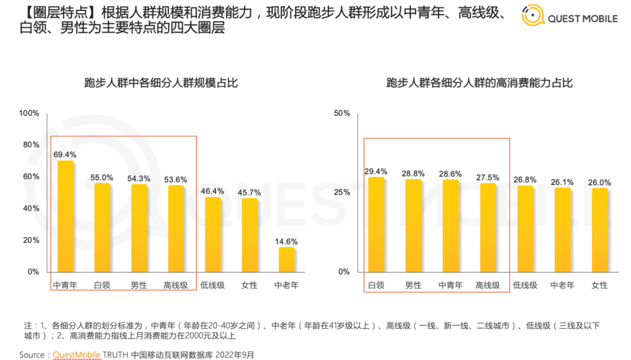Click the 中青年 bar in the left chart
tap(66, 216)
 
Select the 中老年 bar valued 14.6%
tap(286, 259)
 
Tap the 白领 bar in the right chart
tap(376, 224)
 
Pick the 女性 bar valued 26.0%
tap(600, 230)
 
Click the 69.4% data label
tap(65, 155)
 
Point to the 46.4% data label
tap(212, 191)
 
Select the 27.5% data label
tap(487, 177)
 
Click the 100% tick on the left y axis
tap(29, 113)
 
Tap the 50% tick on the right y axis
tap(342, 113)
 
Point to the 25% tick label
tap(342, 193)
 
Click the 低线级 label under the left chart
tap(212, 285)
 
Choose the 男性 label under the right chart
tap(413, 285)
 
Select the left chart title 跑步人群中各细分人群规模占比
tap(161, 83)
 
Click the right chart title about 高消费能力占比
tap(480, 83)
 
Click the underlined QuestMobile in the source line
tap(77, 354)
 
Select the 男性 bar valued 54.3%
tap(139, 228)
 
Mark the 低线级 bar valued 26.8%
tap(525, 229)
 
